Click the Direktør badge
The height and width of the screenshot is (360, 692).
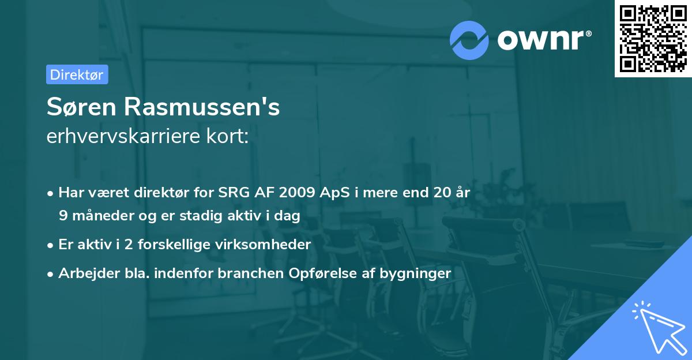click(x=77, y=74)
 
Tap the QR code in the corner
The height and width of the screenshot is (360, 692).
click(x=653, y=39)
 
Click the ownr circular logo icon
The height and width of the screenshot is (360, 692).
click(x=469, y=40)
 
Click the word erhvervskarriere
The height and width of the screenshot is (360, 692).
click(x=119, y=137)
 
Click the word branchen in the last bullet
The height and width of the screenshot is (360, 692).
click(x=253, y=273)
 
